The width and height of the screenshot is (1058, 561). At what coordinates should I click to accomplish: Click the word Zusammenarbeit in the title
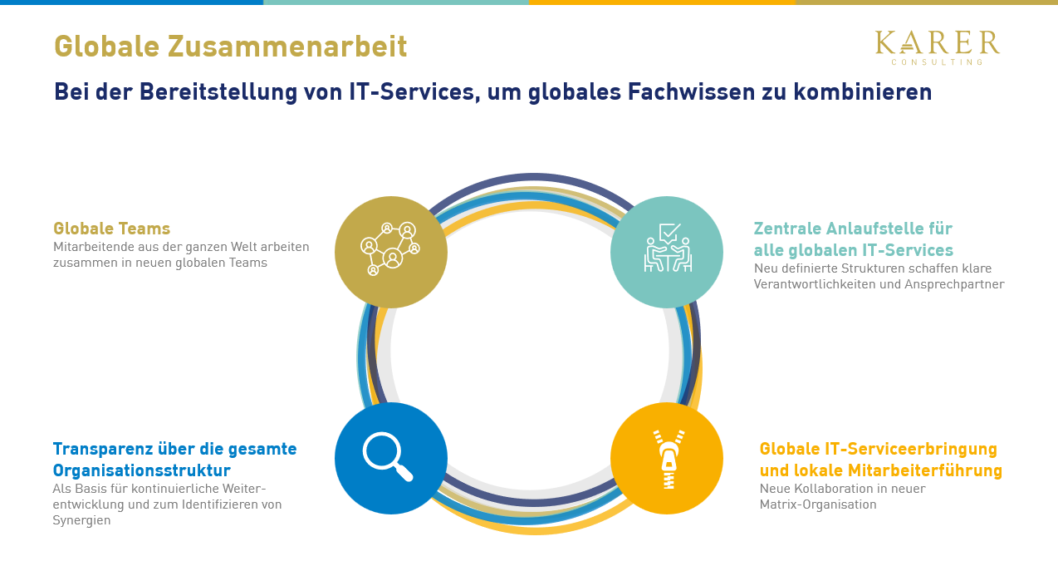point(287,46)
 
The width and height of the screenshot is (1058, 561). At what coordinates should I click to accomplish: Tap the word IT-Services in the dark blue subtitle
point(411,91)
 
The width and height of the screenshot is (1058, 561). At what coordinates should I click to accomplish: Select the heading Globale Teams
point(111,229)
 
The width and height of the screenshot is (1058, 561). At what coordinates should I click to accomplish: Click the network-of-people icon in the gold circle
point(390,249)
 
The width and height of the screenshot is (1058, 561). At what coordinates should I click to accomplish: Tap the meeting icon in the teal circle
point(668,248)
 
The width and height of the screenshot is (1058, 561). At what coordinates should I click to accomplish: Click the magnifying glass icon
point(388,456)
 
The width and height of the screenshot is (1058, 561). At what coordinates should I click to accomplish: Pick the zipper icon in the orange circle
point(669,459)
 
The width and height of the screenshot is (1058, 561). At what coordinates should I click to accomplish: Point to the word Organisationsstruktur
point(142,470)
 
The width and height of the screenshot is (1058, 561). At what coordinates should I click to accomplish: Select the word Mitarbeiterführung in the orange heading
point(925,470)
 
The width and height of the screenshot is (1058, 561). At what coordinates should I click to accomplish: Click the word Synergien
point(81,520)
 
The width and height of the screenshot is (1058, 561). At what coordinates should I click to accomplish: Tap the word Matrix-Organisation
point(818,504)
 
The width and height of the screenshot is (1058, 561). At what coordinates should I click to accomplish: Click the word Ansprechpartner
point(954,284)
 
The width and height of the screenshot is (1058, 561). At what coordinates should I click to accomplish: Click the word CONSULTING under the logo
point(937,62)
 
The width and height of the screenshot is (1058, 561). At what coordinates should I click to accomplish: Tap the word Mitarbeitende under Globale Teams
point(94,247)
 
